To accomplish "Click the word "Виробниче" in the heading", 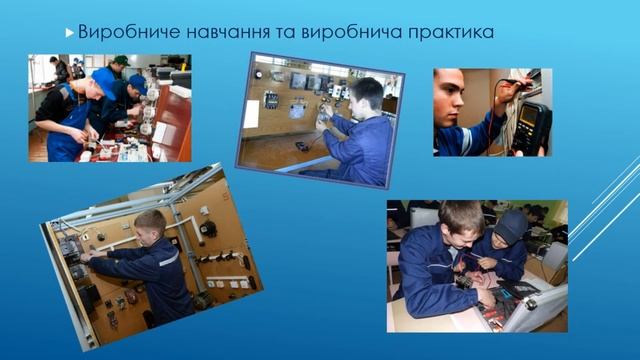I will (x=121, y=32).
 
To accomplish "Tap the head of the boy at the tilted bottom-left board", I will (x=150, y=226).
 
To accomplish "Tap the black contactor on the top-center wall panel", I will (x=270, y=99).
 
